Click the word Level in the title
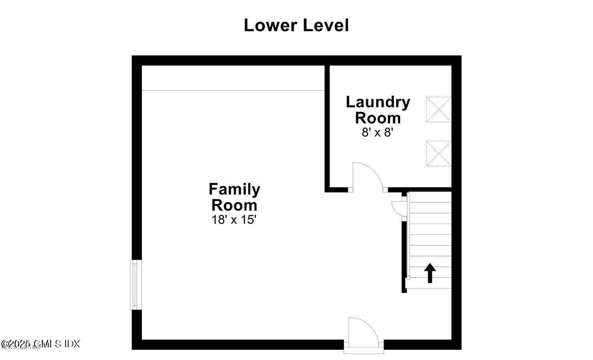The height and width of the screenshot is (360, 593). pyautogui.click(x=326, y=25)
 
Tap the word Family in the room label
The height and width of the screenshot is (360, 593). pyautogui.click(x=234, y=189)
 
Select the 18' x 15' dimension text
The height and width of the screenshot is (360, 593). pyautogui.click(x=234, y=220)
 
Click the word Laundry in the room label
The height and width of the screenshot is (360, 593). pyautogui.click(x=378, y=102)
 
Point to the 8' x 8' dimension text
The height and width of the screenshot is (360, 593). pyautogui.click(x=378, y=132)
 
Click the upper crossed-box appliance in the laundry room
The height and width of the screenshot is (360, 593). pyautogui.click(x=438, y=109)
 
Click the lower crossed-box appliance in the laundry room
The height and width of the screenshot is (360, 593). pyautogui.click(x=438, y=153)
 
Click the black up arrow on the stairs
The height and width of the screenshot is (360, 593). pyautogui.click(x=430, y=273)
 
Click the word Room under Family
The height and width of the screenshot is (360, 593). pyautogui.click(x=234, y=205)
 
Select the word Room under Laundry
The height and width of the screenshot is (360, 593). pyautogui.click(x=378, y=118)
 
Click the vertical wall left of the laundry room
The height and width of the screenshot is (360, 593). pyautogui.click(x=327, y=126)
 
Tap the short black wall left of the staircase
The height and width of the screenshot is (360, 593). pyautogui.click(x=404, y=257)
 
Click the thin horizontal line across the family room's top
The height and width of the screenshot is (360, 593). pyautogui.click(x=233, y=90)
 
